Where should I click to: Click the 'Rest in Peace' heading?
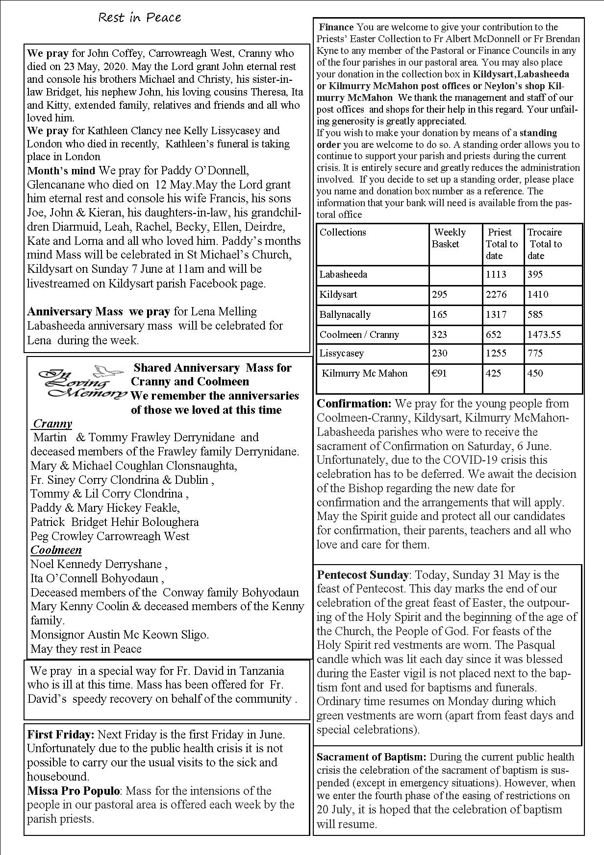[140, 18]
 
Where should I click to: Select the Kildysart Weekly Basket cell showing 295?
[440, 294]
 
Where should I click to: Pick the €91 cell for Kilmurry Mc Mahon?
[439, 373]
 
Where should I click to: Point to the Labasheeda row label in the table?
[343, 274]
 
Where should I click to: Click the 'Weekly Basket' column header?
[449, 238]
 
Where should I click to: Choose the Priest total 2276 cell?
[496, 294]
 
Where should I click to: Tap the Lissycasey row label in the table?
[342, 353]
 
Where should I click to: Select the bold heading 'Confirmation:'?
[354, 404]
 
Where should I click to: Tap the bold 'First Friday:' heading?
[60, 735]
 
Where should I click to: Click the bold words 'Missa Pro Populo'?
[74, 791]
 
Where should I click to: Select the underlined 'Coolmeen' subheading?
[56, 550]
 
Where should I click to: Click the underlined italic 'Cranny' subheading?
[52, 424]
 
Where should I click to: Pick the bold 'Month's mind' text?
[62, 171]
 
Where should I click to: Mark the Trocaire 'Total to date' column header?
[545, 244]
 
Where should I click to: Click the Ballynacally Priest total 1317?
[496, 314]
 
